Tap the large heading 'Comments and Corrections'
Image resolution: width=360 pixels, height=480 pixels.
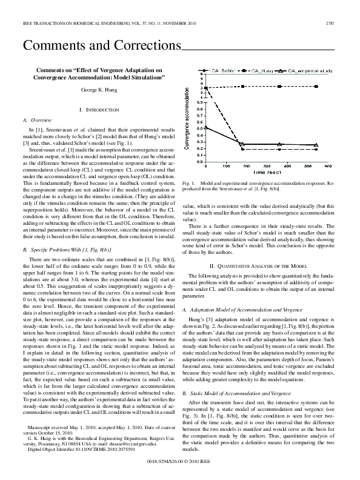click(x=102, y=45)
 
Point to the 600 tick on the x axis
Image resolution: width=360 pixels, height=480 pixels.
click(x=328, y=166)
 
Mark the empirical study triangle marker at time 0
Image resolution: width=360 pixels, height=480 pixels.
click(x=206, y=127)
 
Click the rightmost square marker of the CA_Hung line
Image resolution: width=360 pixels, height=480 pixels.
click(x=316, y=87)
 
